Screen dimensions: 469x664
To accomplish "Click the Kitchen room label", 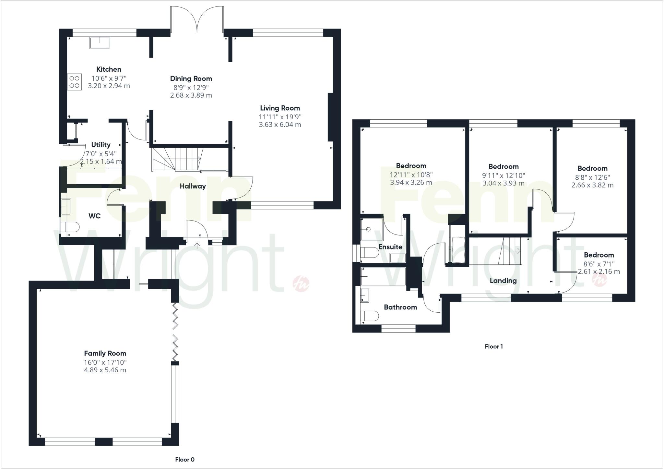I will point(109,69).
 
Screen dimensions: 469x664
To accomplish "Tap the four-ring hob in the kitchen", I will point(74,82).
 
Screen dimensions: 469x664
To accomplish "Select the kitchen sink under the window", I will point(100,43).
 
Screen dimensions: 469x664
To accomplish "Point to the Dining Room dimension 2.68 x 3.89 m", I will point(191,95).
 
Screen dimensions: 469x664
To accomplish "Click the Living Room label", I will point(280,108).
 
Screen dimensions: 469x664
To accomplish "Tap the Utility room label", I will point(101,145).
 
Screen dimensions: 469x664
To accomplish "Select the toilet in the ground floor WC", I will point(71,227).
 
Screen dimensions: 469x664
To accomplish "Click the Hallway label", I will point(193,186).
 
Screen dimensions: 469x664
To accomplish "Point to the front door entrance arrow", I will point(197,245).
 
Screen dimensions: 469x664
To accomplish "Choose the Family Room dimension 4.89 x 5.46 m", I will point(105,370).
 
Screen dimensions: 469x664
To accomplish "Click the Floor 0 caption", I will point(185,459).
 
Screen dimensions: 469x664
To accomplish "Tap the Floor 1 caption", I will point(493,346).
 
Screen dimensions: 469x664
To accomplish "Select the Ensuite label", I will point(390,247).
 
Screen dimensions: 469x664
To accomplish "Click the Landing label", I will point(503,281).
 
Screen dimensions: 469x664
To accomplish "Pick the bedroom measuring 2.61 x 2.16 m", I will point(599,263).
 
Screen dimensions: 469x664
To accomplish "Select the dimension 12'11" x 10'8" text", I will point(411,175).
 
